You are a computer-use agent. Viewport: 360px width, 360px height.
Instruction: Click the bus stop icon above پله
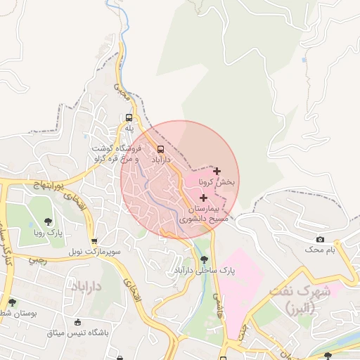tap(129, 117)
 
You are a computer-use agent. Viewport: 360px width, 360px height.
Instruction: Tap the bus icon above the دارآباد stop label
tap(161, 149)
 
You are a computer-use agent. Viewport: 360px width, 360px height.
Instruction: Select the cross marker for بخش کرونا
tap(217, 171)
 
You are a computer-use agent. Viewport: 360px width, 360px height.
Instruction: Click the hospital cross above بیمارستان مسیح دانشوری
tap(204, 198)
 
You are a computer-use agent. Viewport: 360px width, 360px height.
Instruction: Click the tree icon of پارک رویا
tap(48, 221)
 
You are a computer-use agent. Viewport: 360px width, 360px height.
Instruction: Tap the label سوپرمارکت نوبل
tap(96, 250)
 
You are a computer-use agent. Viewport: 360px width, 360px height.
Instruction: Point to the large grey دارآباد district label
tap(87, 286)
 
